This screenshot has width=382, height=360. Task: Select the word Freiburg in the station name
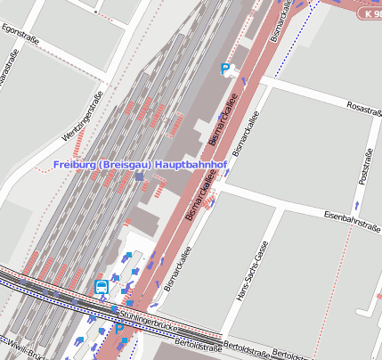pos(77,165)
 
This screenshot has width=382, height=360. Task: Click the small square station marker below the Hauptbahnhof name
pos(140,176)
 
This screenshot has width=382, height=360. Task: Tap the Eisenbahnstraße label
pos(353,216)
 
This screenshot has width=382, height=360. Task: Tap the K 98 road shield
pos(370,13)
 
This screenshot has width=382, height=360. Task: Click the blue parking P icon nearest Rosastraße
pos(226,69)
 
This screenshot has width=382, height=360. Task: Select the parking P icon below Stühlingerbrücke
pos(119,330)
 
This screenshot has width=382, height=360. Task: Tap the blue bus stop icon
pos(102,287)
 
